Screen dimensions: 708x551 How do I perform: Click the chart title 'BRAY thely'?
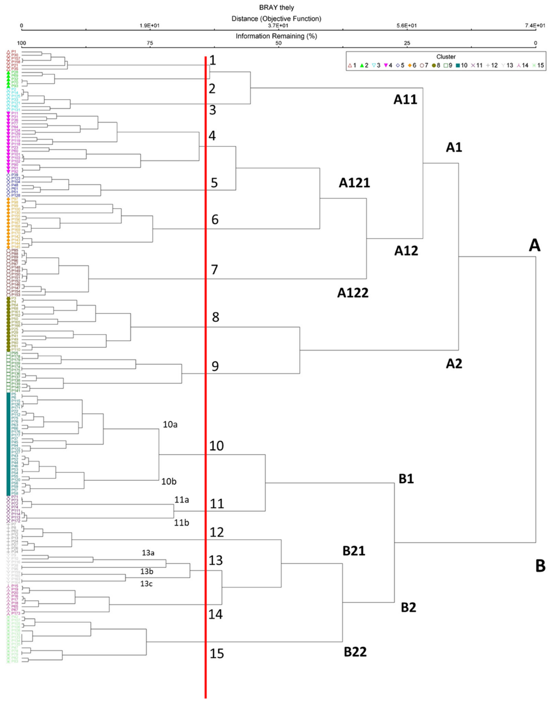[x=276, y=7]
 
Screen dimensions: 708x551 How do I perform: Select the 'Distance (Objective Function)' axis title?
[x=276, y=19]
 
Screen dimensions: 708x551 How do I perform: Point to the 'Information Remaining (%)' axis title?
[x=276, y=36]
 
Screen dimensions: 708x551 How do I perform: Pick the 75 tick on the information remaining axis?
[x=150, y=43]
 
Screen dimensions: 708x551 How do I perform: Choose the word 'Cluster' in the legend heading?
[x=447, y=57]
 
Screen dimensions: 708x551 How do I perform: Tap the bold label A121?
[x=355, y=183]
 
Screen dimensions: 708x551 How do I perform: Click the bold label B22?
[x=355, y=652]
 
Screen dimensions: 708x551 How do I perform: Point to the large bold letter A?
[x=534, y=246]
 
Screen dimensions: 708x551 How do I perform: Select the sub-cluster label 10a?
[x=170, y=425]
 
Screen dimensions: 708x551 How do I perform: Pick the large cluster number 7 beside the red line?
[x=214, y=270]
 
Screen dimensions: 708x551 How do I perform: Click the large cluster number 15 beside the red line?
[x=217, y=654]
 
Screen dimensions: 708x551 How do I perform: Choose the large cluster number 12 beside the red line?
[x=217, y=532]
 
